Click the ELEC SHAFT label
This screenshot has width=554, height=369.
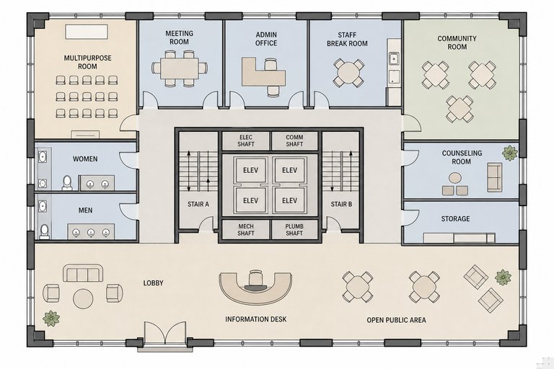point(246,141)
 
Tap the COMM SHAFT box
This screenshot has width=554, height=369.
point(294,141)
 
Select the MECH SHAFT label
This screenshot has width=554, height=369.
point(245,230)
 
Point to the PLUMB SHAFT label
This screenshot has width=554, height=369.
point(294,230)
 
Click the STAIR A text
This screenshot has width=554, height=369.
point(198,204)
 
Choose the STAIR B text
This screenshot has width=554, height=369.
point(341,204)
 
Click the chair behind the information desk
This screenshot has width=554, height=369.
point(256,278)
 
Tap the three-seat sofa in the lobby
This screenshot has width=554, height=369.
point(83,273)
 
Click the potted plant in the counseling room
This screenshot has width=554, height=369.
point(510,153)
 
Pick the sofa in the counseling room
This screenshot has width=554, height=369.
point(495,177)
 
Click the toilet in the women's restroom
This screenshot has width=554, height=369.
point(67,183)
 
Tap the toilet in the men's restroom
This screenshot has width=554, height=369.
point(45,231)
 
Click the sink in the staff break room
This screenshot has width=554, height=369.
point(394,58)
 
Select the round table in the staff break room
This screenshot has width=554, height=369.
point(348,73)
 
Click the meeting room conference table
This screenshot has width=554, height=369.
point(180,68)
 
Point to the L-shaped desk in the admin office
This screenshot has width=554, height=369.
point(263,72)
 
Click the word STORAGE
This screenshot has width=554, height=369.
point(455,218)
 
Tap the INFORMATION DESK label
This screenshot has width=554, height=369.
point(256,319)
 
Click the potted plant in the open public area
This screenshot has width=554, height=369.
point(503,277)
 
